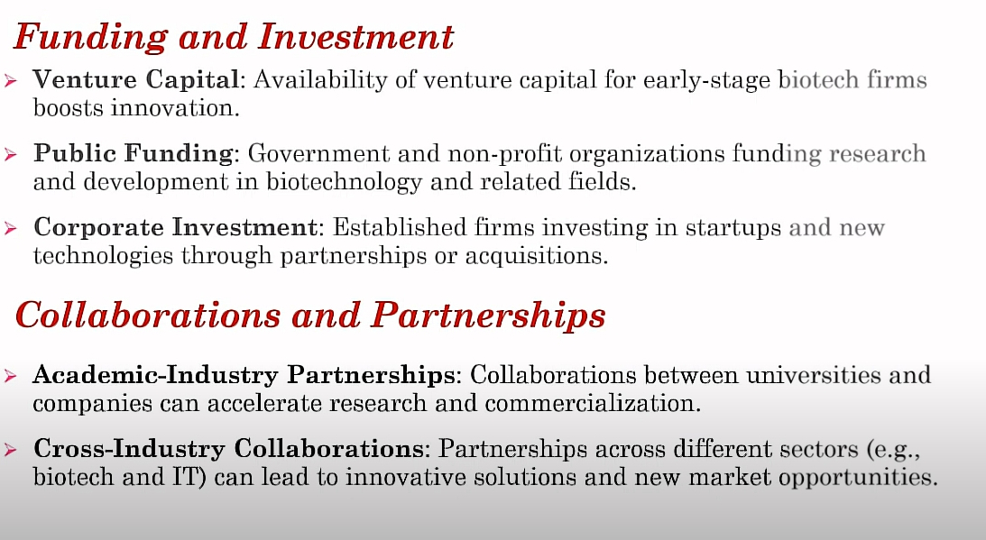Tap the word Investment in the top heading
click(355, 36)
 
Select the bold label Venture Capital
click(136, 80)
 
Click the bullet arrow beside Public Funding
click(10, 153)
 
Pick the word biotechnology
click(344, 182)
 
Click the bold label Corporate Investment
click(175, 227)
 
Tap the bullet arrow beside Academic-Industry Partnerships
click(10, 375)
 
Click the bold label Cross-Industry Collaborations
click(228, 449)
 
